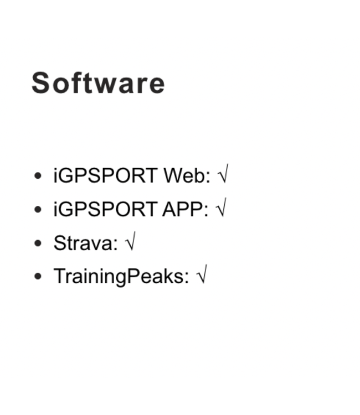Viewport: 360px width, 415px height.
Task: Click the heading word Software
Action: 98,83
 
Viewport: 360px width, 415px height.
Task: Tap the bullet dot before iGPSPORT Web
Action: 38,176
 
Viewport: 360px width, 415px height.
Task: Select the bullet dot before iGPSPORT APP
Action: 38,210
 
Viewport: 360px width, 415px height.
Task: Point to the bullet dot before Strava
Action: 38,243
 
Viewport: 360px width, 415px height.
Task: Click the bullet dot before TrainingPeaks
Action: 38,276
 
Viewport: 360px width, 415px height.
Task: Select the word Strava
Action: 84,243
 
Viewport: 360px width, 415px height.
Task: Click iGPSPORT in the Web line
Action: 105,176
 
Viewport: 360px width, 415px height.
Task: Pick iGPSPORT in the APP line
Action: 105,210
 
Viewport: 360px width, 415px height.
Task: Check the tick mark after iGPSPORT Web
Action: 223,176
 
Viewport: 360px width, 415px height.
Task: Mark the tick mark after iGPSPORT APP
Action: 220,210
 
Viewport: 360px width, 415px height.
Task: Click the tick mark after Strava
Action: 130,243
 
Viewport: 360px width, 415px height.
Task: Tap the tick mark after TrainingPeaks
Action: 201,276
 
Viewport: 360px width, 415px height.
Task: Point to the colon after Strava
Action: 116,244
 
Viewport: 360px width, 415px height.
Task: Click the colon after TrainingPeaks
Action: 187,277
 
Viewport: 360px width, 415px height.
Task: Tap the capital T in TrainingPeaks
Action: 59,276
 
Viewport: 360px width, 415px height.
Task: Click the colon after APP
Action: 206,211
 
